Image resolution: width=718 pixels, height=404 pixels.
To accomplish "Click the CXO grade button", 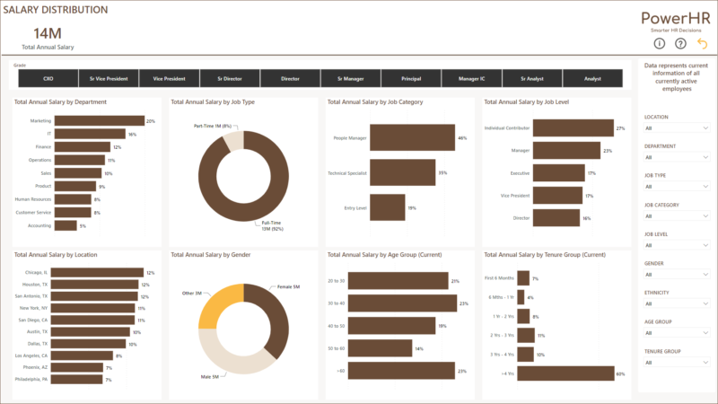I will (x=48, y=79).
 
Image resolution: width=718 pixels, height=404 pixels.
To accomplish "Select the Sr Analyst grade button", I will (x=532, y=79).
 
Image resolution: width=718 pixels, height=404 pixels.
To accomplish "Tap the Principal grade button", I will (x=411, y=79).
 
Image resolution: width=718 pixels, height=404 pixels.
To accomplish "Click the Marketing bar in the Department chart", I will (x=99, y=120).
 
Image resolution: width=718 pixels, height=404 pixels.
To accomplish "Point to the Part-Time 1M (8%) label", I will (x=214, y=127).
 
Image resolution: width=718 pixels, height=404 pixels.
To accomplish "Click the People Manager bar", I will (x=412, y=138).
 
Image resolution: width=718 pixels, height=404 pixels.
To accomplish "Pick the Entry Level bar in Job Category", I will (x=387, y=207).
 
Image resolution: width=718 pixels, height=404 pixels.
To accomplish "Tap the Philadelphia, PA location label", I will (x=31, y=380).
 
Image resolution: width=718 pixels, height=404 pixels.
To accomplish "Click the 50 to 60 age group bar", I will (x=380, y=347).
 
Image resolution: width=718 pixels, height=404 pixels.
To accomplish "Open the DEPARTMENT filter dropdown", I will (x=676, y=157).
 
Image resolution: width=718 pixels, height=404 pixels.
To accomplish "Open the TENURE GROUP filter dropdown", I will (x=676, y=363).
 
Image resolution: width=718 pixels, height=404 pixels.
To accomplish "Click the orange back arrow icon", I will (x=701, y=43).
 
